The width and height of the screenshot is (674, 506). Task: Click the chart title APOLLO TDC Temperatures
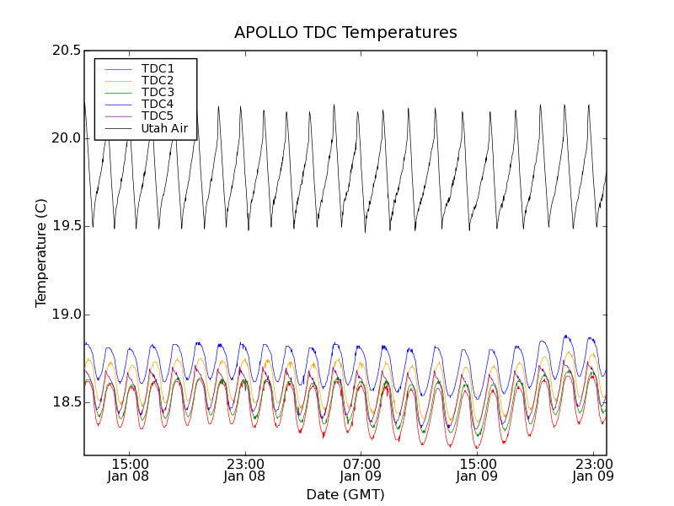coord(345,33)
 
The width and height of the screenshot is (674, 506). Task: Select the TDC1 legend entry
coord(158,68)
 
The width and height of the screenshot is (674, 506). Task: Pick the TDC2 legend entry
coord(158,80)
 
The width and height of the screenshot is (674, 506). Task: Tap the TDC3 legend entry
coord(158,92)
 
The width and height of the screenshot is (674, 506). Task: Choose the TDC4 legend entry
coord(158,105)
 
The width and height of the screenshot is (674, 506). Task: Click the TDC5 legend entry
coord(158,116)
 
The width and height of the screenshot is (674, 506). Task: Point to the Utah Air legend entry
coord(164,128)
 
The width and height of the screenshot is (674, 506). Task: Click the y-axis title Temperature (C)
coord(41,253)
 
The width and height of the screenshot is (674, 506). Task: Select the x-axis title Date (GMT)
coord(345,494)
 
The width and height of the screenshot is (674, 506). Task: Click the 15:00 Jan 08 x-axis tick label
coord(130,470)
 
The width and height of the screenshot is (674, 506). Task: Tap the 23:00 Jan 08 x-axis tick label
coord(245,470)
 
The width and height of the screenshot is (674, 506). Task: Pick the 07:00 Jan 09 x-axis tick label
coord(361,470)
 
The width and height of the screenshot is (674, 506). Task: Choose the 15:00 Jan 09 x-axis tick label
coord(477,470)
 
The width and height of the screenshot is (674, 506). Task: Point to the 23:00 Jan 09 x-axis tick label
coord(592,470)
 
